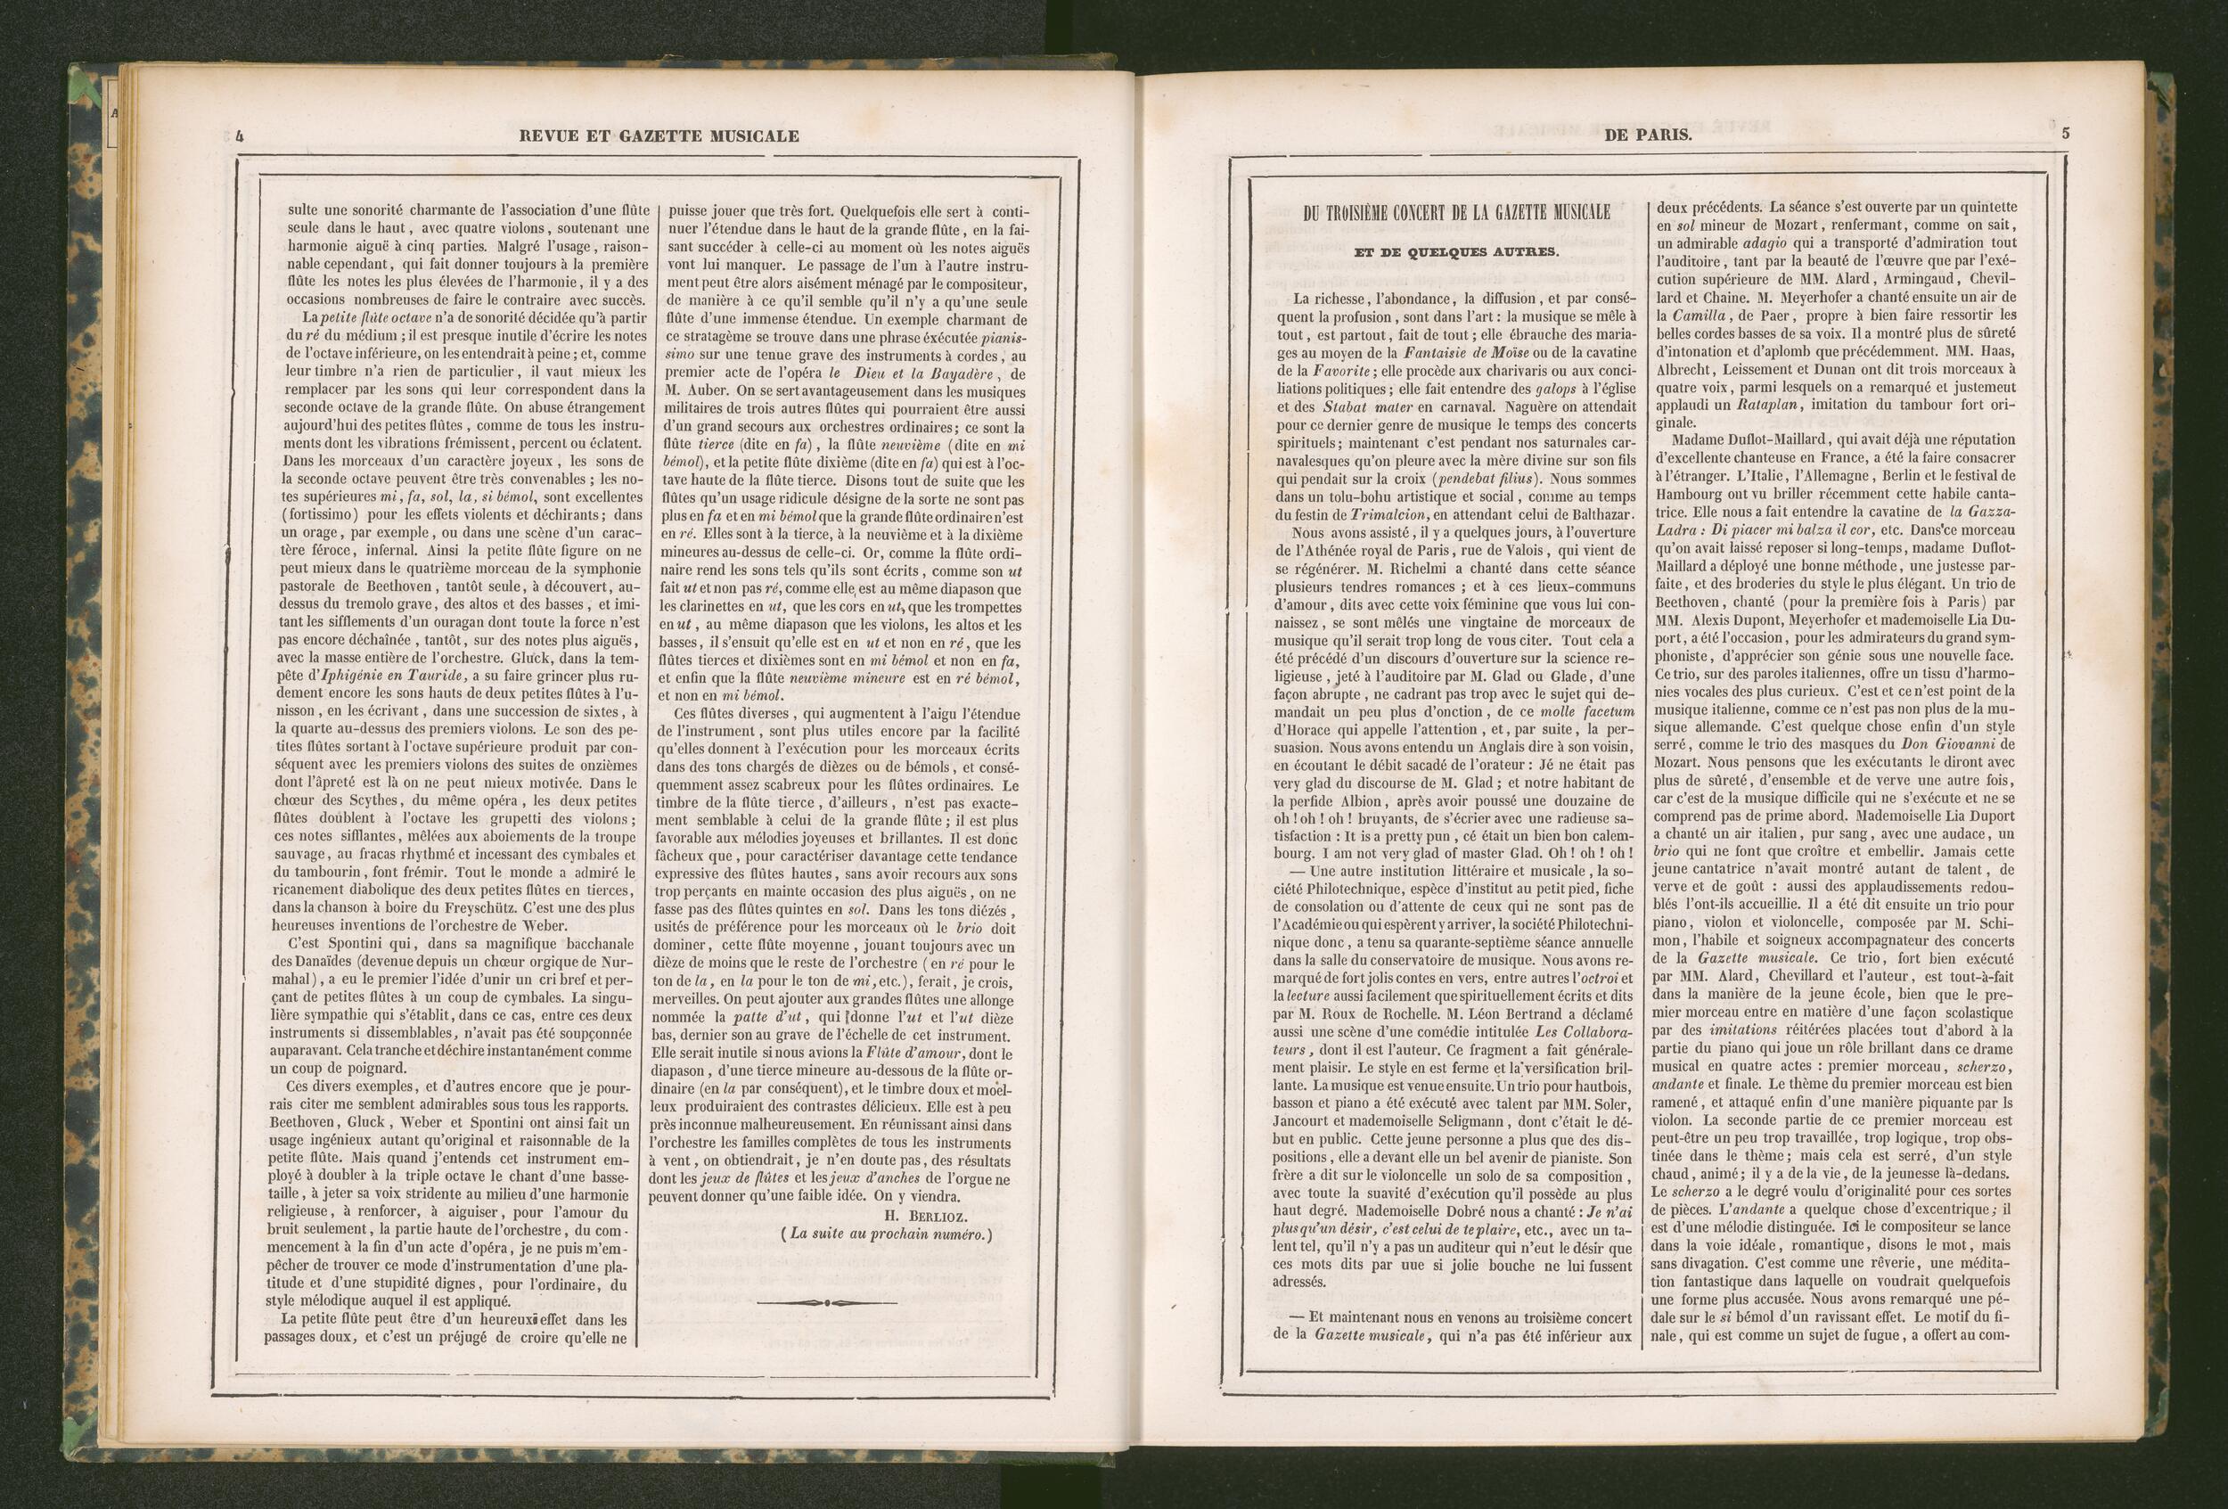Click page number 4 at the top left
click(239, 136)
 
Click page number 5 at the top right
click(2065, 135)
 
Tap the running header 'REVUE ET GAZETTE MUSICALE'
click(659, 136)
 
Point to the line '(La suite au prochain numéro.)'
click(884, 1234)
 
